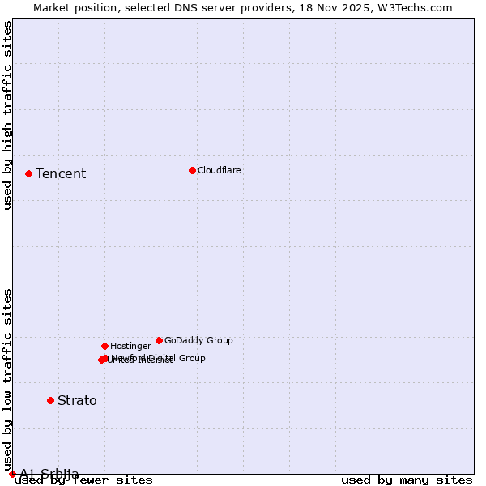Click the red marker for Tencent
[28, 173]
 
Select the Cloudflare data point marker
[192, 170]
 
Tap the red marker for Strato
[50, 400]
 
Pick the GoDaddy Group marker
[159, 340]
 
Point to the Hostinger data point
[104, 346]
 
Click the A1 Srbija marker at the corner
[12, 474]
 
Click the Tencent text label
[61, 174]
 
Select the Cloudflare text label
[220, 171]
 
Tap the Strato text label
[77, 401]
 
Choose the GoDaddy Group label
[198, 341]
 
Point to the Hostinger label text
[130, 347]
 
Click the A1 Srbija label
[49, 474]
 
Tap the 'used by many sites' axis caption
[407, 480]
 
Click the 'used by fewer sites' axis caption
[83, 480]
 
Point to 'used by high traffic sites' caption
[8, 115]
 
